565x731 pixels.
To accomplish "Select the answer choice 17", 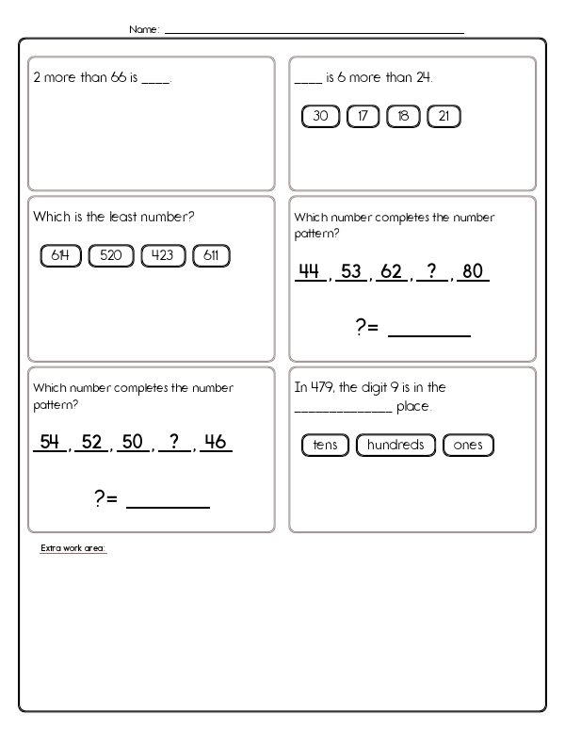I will click(363, 117).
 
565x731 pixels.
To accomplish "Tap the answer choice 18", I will click(403, 117).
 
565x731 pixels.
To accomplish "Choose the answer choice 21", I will click(444, 117).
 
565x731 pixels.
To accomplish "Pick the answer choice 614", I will click(61, 255).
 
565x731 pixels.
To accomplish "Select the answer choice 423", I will click(164, 255).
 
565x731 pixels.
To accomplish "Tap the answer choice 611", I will click(211, 255).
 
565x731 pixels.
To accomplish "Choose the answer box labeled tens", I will click(326, 446).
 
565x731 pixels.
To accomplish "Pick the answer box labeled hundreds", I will click(396, 446).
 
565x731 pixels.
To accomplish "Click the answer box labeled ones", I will click(467, 446).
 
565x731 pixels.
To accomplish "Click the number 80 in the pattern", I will click(473, 272).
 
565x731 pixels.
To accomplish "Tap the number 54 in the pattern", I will click(48, 441).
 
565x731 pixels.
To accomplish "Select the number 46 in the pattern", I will click(217, 441).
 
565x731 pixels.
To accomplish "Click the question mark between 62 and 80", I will click(431, 272).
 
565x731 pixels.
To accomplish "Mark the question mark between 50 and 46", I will click(174, 441).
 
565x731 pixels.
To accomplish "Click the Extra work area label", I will click(73, 548).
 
